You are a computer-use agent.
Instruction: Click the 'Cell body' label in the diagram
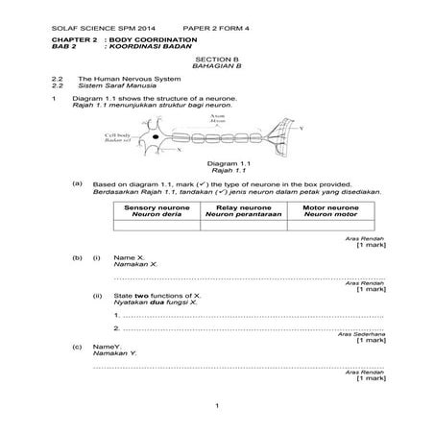[x=119, y=136]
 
